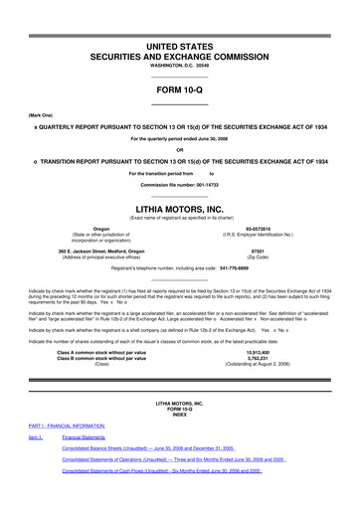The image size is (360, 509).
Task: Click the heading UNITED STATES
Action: (179, 47)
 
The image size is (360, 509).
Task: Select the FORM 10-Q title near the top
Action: (179, 88)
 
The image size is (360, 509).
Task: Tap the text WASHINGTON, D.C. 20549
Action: (179, 70)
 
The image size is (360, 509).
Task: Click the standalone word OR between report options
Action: (179, 150)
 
